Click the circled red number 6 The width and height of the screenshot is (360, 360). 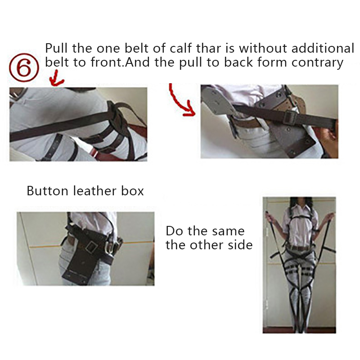[24, 68]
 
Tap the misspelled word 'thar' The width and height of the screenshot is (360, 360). [209, 48]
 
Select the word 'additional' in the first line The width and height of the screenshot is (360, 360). [323, 48]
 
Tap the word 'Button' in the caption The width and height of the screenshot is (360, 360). [48, 191]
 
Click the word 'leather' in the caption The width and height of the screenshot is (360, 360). [95, 191]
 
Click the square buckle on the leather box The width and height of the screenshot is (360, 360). [91, 247]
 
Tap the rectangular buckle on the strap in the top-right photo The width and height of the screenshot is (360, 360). [290, 117]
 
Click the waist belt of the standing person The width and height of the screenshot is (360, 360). [300, 248]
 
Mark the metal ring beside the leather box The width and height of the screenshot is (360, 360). [111, 246]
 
